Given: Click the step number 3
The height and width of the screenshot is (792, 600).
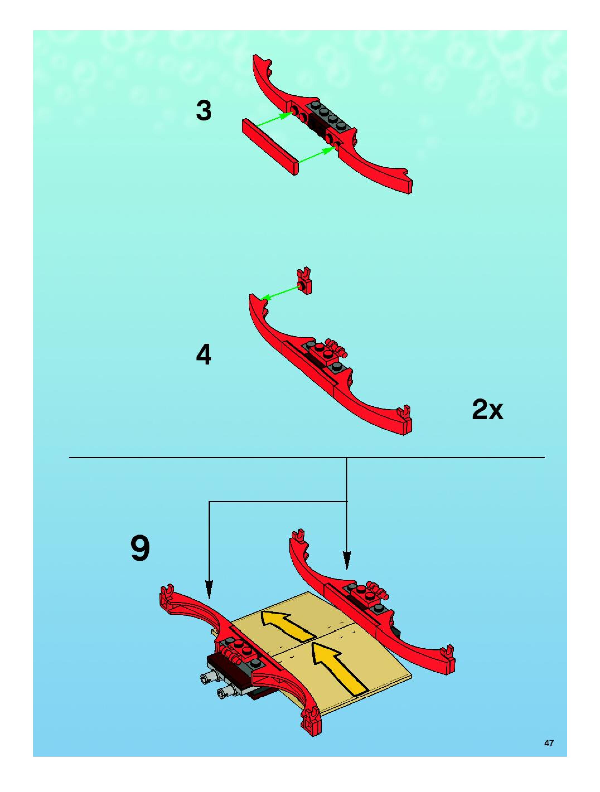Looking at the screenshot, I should [204, 111].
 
